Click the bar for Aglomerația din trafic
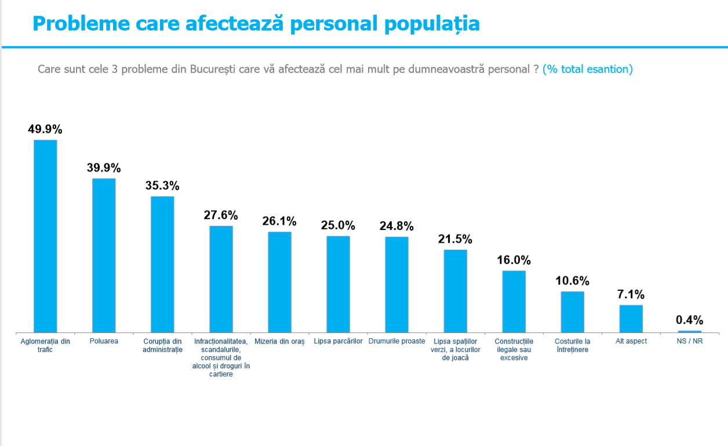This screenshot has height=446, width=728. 45,236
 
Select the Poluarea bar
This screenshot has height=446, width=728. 104,255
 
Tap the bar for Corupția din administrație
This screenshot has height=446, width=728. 162,265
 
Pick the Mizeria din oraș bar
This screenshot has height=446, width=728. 279,282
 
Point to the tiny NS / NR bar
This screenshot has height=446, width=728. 690,332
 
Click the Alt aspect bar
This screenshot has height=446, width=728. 631,319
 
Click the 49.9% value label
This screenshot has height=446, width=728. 45,129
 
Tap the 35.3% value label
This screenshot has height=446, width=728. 162,186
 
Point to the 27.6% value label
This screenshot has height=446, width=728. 221,215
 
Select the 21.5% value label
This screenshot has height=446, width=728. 455,239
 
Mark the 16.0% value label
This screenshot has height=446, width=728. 514,260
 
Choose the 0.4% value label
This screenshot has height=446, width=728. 690,320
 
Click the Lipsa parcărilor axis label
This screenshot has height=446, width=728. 338,341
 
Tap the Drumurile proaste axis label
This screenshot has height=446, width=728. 397,341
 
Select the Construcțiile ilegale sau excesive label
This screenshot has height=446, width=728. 514,349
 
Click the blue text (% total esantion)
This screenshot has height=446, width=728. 588,69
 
